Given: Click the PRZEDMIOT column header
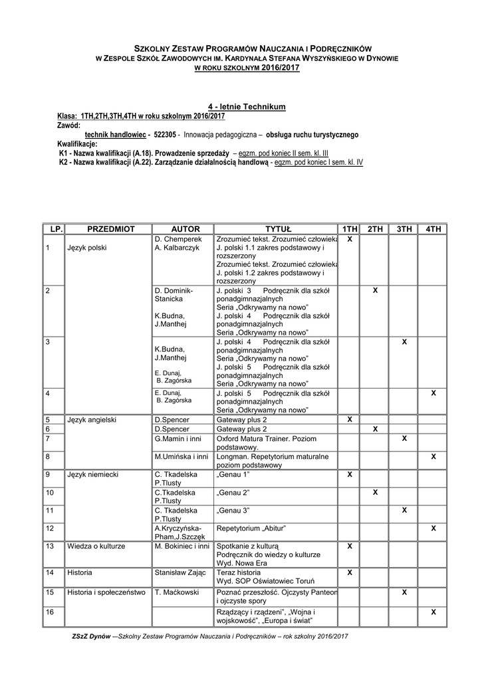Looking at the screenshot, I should tap(110, 228).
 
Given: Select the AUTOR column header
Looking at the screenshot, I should tap(181, 228).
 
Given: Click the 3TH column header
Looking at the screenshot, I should tap(404, 228).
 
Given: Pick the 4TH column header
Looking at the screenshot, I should tap(433, 228).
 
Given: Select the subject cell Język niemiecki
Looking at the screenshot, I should tap(92, 475).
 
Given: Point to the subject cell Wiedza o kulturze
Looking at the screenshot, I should tap(96, 546).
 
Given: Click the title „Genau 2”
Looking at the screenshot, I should tap(233, 493).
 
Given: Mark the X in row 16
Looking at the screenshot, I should tap(433, 612).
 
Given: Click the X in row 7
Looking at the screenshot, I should tap(404, 439).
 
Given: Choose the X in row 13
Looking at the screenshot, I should tap(349, 546).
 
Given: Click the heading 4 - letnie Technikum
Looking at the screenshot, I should tap(247, 106).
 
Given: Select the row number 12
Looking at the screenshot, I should tap(51, 528).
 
